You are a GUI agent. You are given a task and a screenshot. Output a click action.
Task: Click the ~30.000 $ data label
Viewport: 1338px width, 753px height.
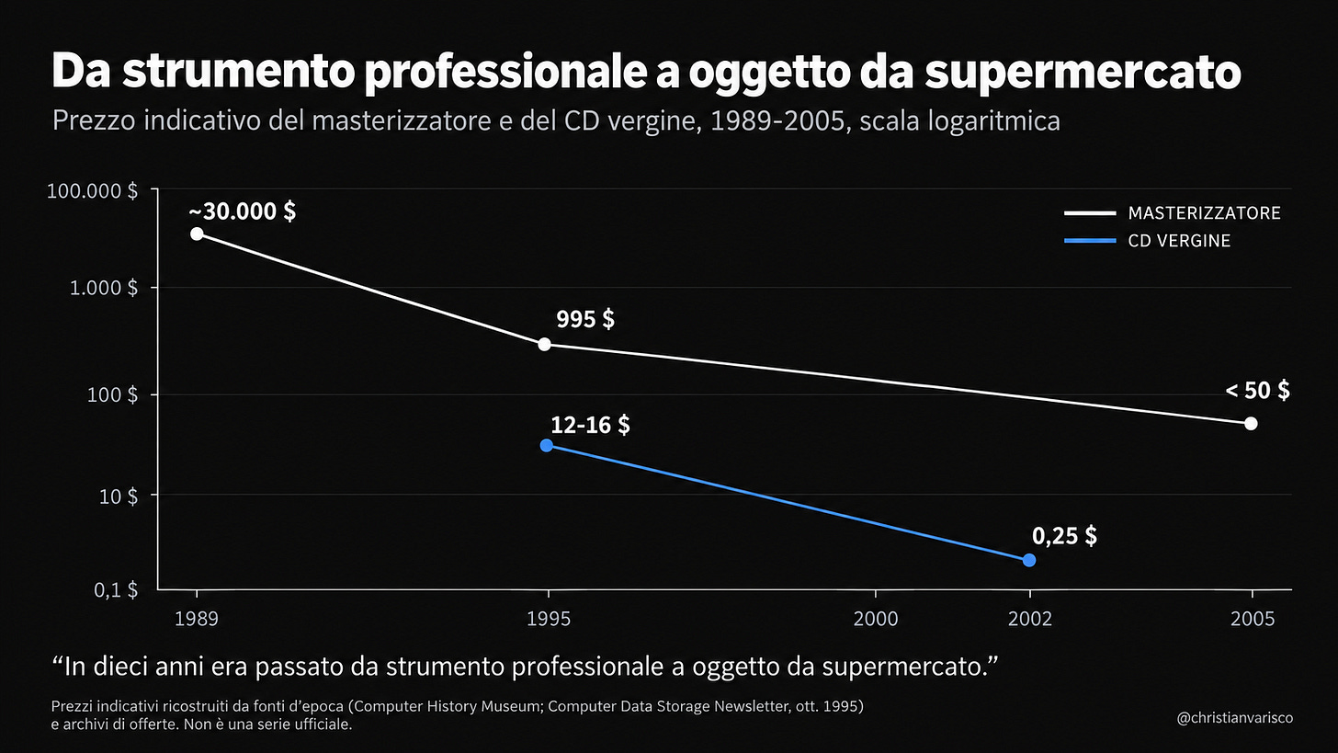coord(242,211)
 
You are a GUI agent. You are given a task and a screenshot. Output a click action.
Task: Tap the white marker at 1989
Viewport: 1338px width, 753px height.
coord(197,234)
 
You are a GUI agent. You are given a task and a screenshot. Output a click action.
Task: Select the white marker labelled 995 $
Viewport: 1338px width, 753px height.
coord(544,344)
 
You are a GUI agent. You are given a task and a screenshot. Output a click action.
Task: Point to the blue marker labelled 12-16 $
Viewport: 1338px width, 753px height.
coord(546,445)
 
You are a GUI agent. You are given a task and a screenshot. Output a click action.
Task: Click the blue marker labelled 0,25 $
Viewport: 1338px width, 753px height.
coord(1028,560)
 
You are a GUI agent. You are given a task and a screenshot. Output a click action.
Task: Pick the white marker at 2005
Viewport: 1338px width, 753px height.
coord(1251,423)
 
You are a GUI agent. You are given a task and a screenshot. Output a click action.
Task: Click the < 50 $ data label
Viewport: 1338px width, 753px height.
coord(1257,391)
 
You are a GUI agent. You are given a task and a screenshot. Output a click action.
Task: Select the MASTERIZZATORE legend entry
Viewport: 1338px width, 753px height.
coord(1172,212)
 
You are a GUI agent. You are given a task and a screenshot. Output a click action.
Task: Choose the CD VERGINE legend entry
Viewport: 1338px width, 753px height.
coord(1147,240)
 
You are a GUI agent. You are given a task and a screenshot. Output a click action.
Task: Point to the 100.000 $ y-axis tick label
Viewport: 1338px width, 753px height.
coord(92,191)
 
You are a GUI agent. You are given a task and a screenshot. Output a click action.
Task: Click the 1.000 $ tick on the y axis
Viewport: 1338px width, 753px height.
coord(103,288)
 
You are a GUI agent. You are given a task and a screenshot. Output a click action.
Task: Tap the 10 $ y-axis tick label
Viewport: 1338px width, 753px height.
coord(118,496)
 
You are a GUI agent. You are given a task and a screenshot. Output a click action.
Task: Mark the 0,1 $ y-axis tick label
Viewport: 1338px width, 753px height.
coord(115,590)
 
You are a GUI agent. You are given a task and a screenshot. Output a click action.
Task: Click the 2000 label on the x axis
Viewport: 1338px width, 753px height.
coord(875,619)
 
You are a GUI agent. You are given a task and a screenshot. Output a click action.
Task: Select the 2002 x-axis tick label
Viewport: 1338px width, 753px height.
coord(1030,619)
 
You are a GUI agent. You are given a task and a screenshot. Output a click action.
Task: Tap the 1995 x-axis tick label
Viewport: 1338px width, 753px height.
coord(549,619)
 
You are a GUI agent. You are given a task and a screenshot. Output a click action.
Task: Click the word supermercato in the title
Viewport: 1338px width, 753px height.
coord(1083,73)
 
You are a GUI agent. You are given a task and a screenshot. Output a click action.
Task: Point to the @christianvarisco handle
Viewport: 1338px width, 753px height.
coord(1235,718)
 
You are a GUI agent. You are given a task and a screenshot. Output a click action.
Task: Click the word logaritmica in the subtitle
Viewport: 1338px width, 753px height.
coord(993,121)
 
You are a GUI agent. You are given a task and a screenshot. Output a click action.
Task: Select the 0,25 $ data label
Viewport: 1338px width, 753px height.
coord(1064,535)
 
